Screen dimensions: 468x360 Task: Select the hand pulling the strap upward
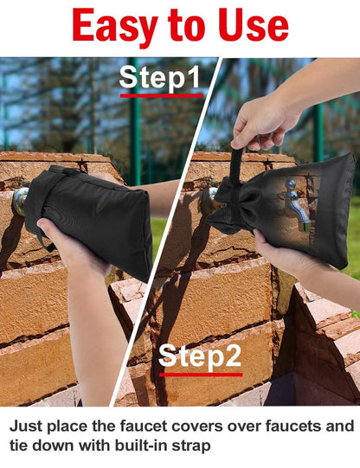tap(264, 124)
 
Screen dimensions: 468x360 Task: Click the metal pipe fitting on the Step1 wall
tap(20, 200)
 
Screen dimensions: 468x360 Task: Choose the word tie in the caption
tap(19, 446)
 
